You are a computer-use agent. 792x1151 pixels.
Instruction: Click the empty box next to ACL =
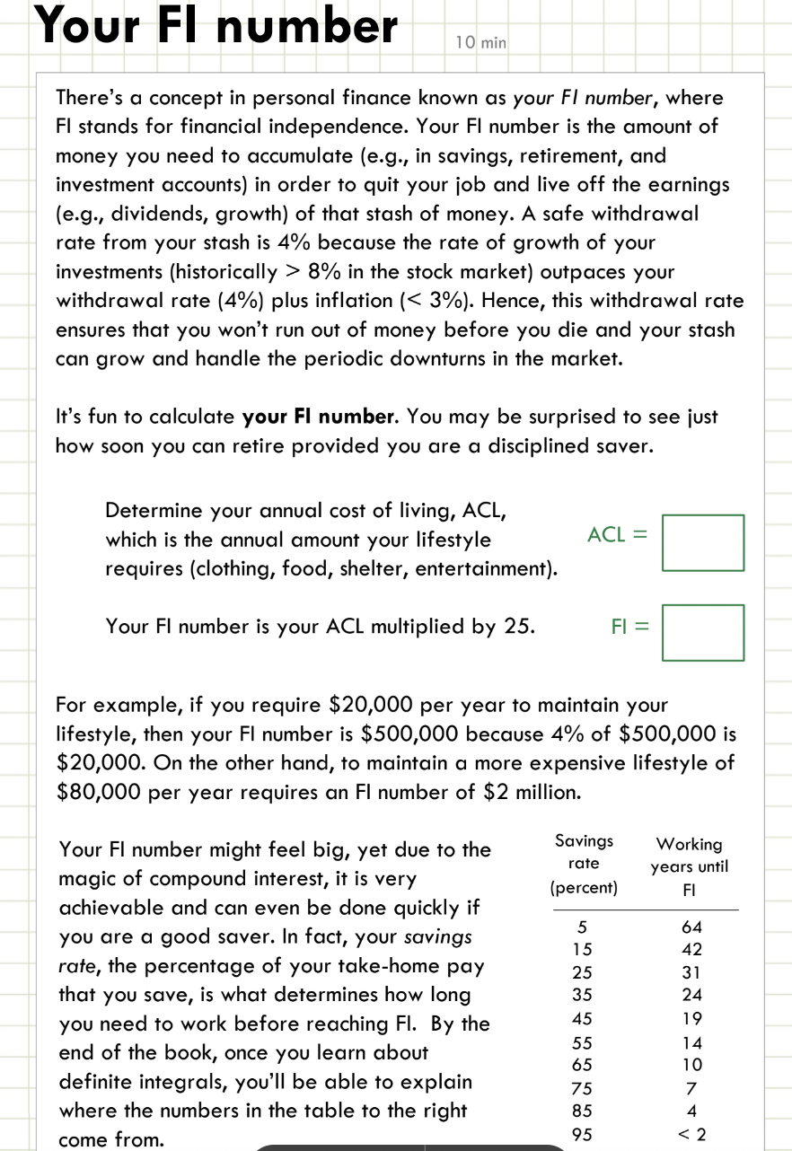coord(703,542)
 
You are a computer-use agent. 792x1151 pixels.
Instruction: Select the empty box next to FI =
coord(703,633)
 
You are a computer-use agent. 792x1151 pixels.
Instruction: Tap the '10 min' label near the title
coord(480,42)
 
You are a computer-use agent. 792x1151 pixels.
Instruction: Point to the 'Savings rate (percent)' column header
coord(584,865)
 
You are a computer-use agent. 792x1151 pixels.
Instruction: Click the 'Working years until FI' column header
coord(689,866)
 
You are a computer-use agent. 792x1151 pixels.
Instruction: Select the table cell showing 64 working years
coord(691,927)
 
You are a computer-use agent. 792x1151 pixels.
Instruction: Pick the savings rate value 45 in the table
coord(583,1018)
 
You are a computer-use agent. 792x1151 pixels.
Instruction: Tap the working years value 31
coord(691,972)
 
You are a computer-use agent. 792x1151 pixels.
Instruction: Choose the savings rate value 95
coord(583,1134)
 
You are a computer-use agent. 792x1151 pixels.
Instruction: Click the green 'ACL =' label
coord(617,535)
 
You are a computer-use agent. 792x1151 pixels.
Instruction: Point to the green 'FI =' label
coord(629,626)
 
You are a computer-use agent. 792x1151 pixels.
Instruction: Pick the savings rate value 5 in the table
coord(583,927)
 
